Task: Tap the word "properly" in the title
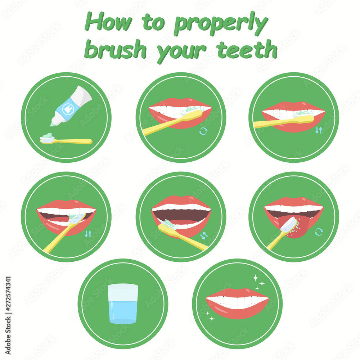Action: click(221, 24)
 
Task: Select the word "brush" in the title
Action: click(116, 49)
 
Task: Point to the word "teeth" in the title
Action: click(247, 49)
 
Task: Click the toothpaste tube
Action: click(71, 106)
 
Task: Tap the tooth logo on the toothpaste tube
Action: click(68, 109)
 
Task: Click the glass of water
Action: click(123, 303)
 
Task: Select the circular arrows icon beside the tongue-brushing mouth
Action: click(319, 232)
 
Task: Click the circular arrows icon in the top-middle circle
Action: click(203, 131)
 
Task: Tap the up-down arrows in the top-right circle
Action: click(319, 130)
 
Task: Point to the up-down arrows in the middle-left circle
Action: click(88, 234)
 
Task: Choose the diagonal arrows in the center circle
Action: click(204, 235)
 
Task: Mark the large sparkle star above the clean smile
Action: click(255, 278)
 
